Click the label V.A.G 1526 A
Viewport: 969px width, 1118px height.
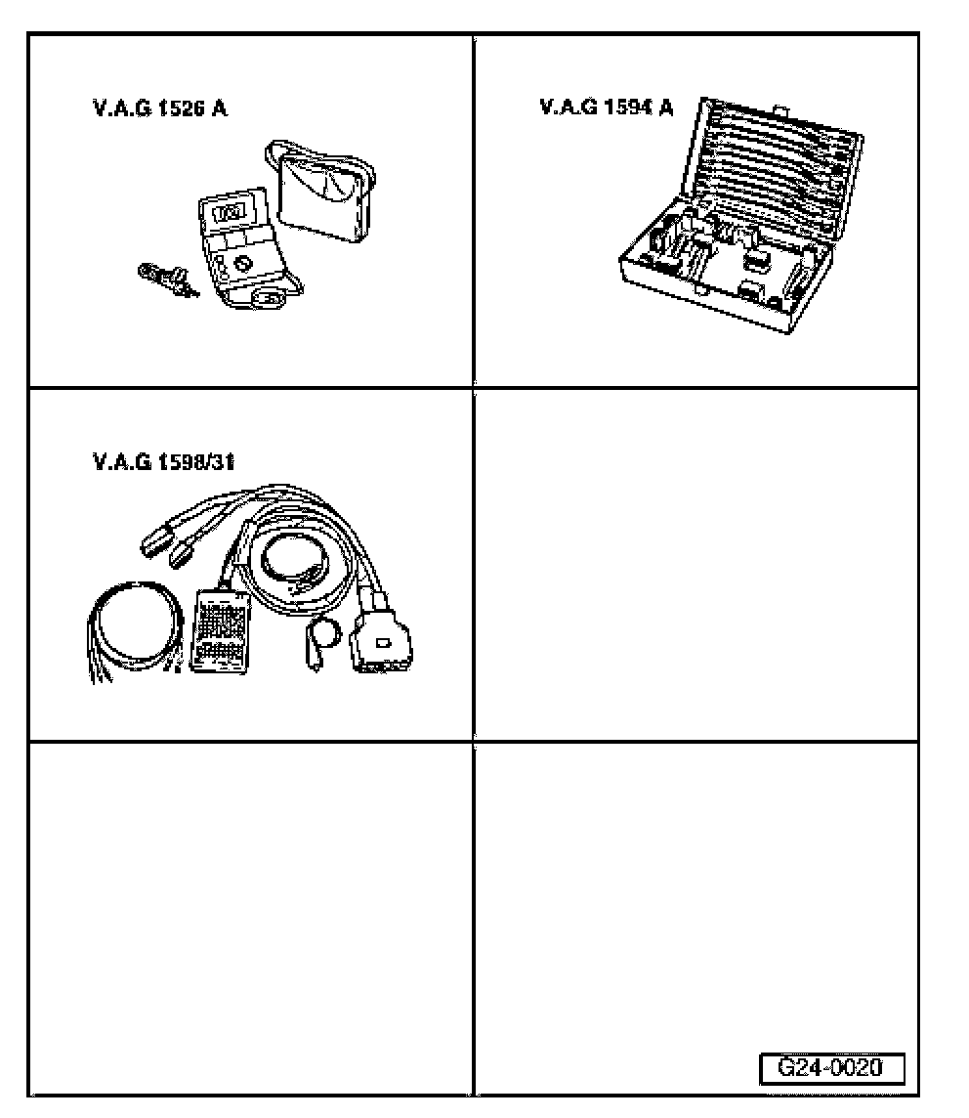point(159,108)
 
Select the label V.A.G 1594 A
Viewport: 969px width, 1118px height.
point(606,107)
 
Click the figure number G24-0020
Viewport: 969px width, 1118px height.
point(830,1067)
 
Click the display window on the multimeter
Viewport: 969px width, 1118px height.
point(231,212)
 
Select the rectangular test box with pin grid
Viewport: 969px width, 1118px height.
point(220,630)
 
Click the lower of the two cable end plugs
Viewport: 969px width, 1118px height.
point(182,557)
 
